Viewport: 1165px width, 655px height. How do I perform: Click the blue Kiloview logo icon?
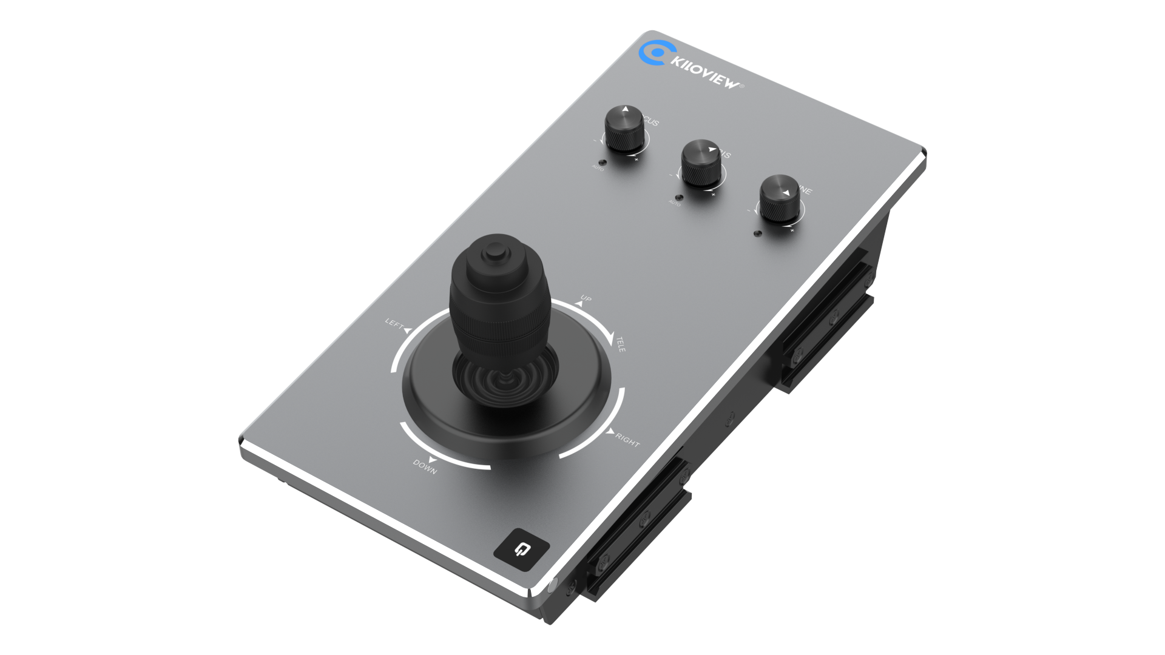[x=652, y=53]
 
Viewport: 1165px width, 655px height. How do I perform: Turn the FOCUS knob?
[x=624, y=129]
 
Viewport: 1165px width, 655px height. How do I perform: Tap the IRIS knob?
[x=701, y=163]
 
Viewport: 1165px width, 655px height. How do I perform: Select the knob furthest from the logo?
[x=779, y=198]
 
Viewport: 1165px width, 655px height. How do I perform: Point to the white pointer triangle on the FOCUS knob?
[x=626, y=110]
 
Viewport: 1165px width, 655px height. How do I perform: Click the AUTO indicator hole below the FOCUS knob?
[x=602, y=163]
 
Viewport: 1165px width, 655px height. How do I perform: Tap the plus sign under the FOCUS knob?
[x=637, y=160]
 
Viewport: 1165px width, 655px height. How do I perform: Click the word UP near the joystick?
[x=586, y=298]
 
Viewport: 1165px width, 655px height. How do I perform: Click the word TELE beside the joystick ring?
[x=621, y=345]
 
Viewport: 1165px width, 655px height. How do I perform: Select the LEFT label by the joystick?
[x=394, y=324]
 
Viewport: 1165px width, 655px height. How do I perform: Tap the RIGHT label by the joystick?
[x=627, y=440]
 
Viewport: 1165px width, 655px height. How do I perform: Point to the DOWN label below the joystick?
[x=425, y=467]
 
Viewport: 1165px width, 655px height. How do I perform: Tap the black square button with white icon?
[x=521, y=550]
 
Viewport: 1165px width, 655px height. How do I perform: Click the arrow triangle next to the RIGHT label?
[x=609, y=431]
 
